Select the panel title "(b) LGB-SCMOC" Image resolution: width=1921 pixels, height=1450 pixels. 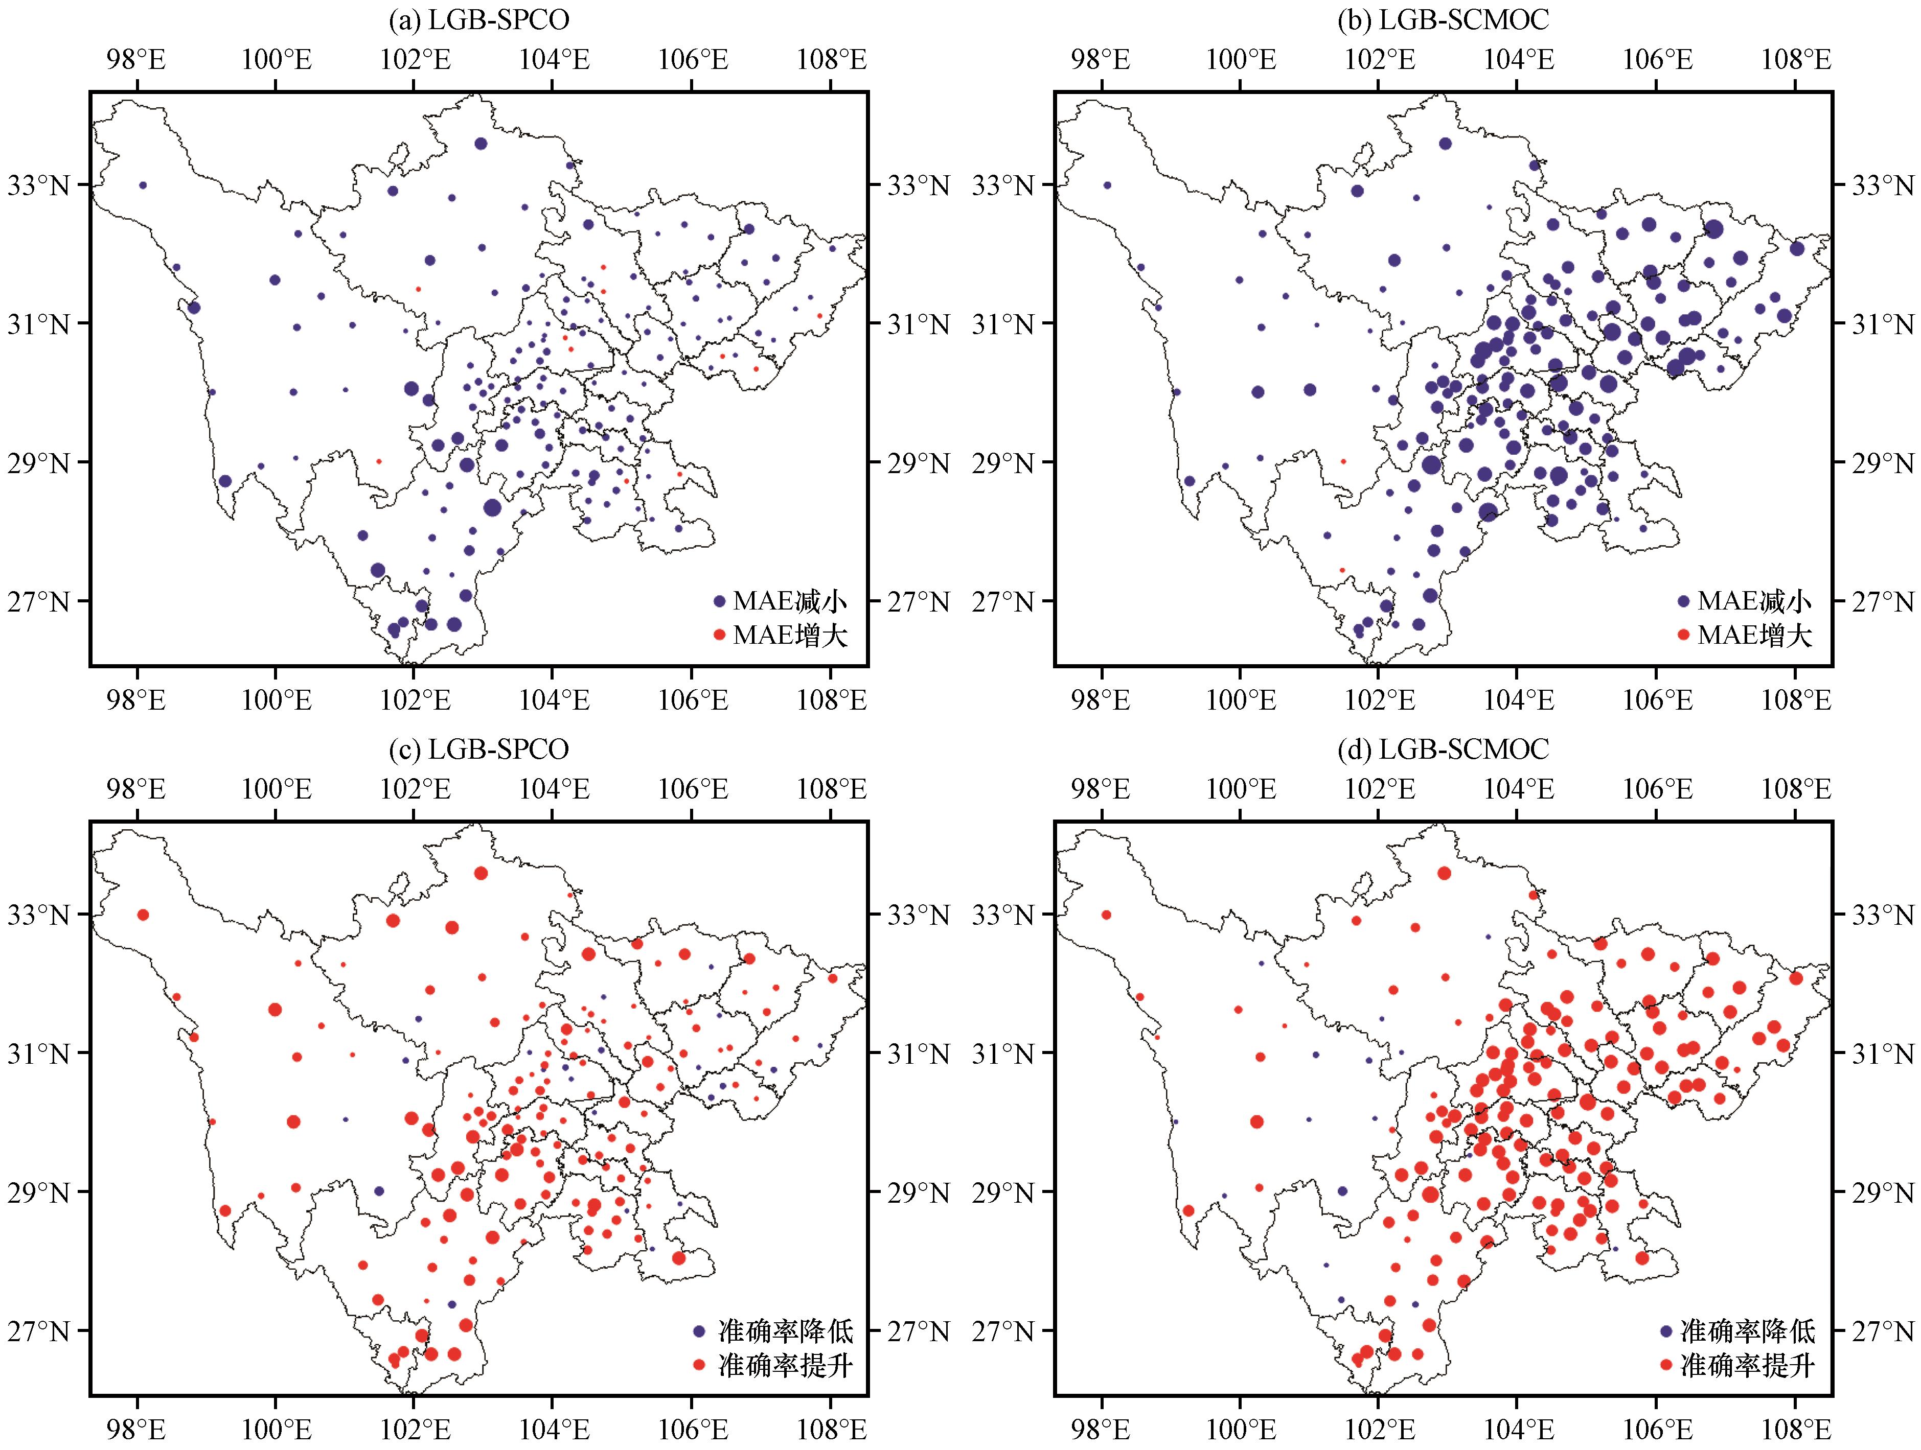point(1444,19)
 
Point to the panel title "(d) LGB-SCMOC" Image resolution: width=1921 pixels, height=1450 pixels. point(1444,749)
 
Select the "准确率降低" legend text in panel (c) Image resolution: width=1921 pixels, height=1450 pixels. point(786,1330)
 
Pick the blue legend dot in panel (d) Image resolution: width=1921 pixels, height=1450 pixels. point(1666,1330)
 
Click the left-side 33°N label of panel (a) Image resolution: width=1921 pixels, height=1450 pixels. point(39,185)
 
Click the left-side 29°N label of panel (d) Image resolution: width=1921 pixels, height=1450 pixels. point(1005,1192)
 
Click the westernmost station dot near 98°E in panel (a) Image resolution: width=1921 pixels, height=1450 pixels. point(143,185)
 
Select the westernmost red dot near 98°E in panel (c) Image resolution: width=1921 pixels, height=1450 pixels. point(143,914)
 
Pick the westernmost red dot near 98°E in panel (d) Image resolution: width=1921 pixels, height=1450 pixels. point(1106,914)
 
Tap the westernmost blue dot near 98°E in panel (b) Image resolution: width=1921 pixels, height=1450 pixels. point(1107,185)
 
